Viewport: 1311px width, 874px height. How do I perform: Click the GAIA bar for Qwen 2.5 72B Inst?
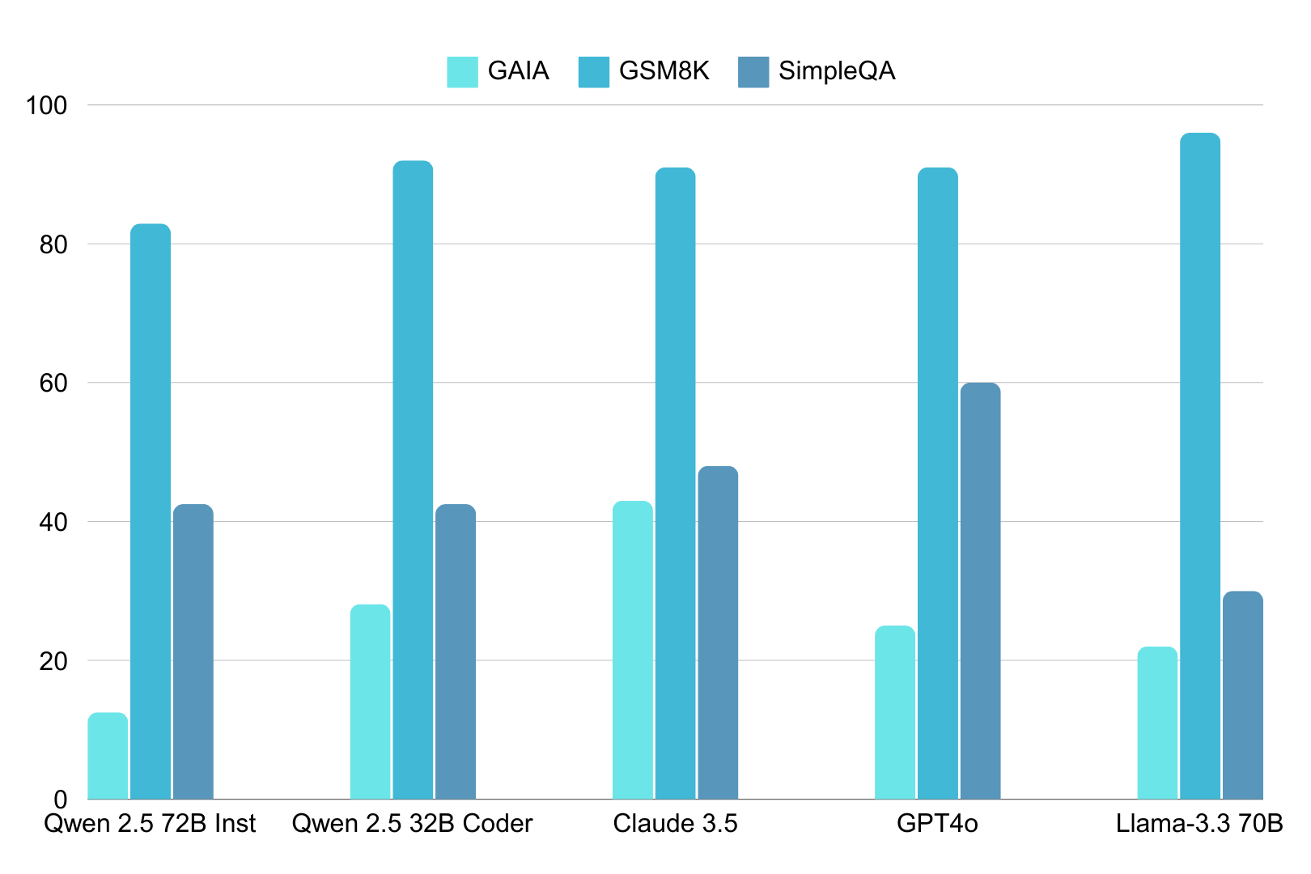(108, 756)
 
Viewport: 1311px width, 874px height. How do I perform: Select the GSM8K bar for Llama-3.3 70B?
(1200, 466)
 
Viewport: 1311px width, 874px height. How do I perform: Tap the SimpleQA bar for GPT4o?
(980, 591)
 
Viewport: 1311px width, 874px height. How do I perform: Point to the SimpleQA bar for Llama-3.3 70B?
(1242, 695)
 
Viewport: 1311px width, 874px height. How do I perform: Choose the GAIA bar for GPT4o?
(895, 712)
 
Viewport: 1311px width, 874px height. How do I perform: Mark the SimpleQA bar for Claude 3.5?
(718, 633)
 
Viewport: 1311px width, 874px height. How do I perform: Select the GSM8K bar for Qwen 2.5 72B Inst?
(151, 511)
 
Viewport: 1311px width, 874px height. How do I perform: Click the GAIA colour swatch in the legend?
(462, 72)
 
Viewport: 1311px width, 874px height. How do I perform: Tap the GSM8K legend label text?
(664, 71)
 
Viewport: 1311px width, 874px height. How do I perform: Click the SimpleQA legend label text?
(837, 71)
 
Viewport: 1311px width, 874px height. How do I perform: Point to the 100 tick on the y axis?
(46, 105)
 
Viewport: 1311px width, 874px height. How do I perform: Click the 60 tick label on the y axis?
(53, 383)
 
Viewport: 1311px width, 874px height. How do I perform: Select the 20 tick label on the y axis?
(53, 661)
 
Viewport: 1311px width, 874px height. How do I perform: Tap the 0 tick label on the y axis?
(61, 800)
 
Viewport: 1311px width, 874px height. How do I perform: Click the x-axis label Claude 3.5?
(675, 824)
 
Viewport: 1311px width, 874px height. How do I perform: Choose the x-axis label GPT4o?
(937, 824)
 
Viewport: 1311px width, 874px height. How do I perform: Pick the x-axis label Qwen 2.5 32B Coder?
(412, 824)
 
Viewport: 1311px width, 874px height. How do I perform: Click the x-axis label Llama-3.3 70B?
(1199, 824)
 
